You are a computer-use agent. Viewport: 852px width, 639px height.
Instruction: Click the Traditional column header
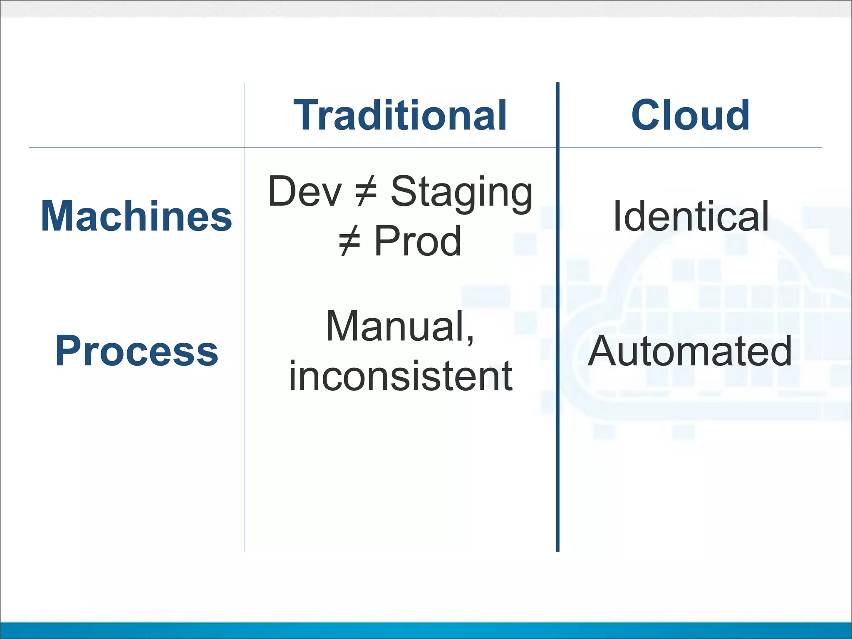tap(400, 115)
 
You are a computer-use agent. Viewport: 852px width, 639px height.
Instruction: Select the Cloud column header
tap(690, 115)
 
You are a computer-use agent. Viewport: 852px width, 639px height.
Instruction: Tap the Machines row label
tap(136, 216)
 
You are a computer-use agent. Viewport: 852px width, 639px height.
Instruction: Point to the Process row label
tap(136, 351)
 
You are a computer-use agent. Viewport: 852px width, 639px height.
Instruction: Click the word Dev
tap(305, 191)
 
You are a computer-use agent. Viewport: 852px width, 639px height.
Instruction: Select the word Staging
tap(462, 192)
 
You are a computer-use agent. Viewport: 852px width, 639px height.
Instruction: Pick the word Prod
tap(418, 241)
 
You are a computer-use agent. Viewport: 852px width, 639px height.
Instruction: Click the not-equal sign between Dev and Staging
tap(366, 191)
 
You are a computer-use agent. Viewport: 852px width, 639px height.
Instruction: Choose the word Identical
tap(691, 216)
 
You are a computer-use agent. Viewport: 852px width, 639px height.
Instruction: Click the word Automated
tap(690, 351)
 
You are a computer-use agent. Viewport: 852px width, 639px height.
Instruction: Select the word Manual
tap(395, 327)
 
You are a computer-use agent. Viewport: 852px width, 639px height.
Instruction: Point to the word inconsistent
tap(400, 376)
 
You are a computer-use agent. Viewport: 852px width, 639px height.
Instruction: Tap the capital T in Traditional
tap(307, 115)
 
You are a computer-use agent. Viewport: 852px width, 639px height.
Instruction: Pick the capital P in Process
tap(67, 351)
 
